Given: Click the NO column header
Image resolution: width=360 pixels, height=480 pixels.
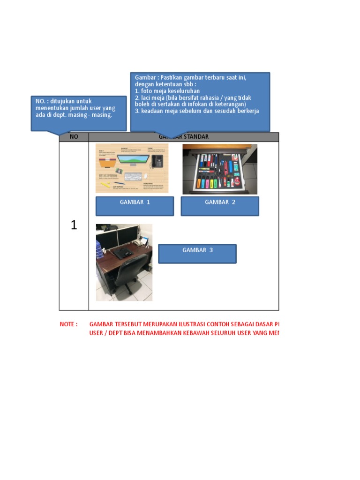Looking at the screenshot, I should (74, 137).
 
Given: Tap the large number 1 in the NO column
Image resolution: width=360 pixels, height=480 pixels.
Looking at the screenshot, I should (74, 225).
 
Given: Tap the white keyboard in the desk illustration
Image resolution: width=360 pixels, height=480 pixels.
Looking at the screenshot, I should (133, 177).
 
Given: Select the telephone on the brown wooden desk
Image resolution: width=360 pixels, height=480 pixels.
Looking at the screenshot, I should (140, 242).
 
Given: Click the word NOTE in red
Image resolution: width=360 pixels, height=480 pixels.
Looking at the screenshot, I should (68, 324).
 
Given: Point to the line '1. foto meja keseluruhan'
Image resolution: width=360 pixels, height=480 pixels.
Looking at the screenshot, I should (167, 91).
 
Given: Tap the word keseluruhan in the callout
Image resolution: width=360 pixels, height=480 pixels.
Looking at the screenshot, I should (184, 91).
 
